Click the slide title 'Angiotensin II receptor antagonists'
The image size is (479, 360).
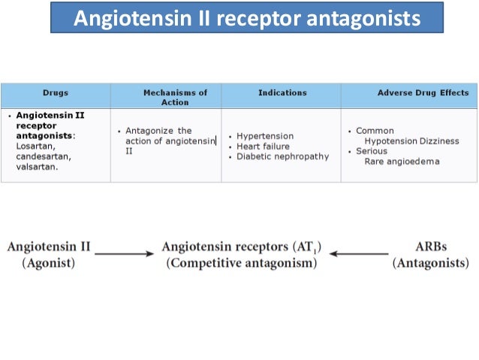coord(246,17)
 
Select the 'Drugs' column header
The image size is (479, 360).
coord(56,93)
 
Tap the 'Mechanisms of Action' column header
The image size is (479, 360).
coord(175,97)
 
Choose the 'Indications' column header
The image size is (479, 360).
coord(282,92)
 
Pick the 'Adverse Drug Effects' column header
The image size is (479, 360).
coord(423,93)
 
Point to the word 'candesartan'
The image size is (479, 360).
coord(44,156)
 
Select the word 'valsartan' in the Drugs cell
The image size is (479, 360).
coord(36,167)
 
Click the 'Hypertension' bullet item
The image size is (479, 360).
coord(265,136)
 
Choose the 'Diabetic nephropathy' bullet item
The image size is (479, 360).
coord(282,156)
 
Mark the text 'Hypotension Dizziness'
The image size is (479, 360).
coord(410,141)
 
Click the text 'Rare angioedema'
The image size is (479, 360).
coord(402,162)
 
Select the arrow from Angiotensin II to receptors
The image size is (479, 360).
coord(125,253)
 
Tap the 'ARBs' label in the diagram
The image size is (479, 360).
coord(431,247)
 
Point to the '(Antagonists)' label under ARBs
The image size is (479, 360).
coord(431,263)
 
